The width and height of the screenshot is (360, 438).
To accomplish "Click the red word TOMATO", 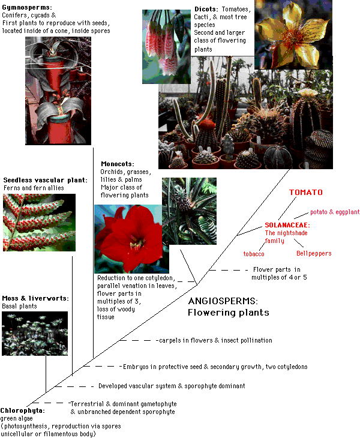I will point(306,193).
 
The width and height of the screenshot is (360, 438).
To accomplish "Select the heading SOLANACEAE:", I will point(287,225).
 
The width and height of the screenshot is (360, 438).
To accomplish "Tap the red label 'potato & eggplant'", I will point(334,212).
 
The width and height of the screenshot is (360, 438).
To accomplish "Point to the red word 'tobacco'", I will point(254,253).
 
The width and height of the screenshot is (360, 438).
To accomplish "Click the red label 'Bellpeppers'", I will point(314,253).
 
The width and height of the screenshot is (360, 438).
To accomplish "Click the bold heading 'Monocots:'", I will point(118,164).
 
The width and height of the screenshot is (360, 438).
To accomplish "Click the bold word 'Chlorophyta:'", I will point(22,410).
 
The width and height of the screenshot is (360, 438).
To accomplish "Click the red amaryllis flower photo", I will point(128,239).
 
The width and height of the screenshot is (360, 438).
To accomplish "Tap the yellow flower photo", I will point(286,34).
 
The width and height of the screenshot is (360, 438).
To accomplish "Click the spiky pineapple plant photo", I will point(189,210).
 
